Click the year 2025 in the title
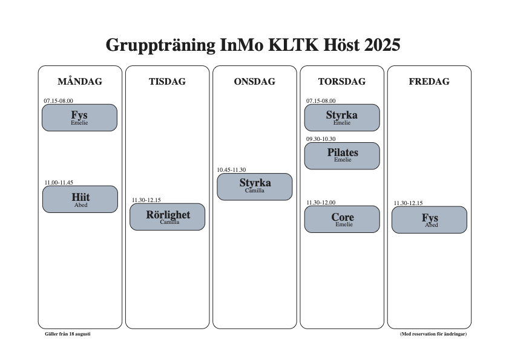[383, 45]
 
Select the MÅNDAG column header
[80, 81]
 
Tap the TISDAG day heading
[167, 81]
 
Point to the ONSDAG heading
[254, 81]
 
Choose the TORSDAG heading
[342, 81]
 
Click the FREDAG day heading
[429, 81]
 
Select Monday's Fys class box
[79, 117]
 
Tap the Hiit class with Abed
[80, 199]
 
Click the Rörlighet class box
[168, 217]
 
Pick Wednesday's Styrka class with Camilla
[255, 186]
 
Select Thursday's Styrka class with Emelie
[342, 117]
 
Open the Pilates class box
[342, 156]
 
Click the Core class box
[342, 219]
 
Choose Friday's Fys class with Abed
[430, 220]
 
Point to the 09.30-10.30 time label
[321, 139]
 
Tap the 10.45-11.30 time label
[231, 170]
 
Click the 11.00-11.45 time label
[59, 183]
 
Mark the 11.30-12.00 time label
[321, 203]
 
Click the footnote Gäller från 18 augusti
[68, 334]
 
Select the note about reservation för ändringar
[433, 334]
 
